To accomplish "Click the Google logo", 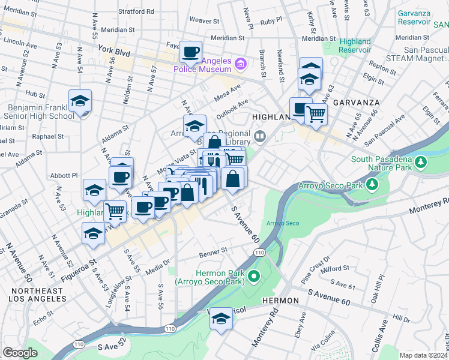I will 20,353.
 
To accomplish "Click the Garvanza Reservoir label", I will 414,17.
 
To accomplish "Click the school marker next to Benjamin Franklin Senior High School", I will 80,103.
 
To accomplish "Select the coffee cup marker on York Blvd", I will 191,53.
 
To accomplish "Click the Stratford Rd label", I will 136,11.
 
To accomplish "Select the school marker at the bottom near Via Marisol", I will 221,320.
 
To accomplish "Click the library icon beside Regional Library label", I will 259,136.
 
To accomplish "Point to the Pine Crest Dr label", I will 316,269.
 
